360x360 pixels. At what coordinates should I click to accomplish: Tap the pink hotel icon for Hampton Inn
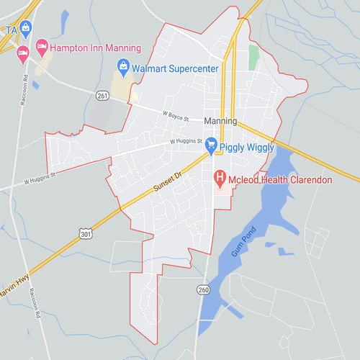pos(42,47)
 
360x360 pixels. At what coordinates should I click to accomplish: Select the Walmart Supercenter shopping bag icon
pos(123,69)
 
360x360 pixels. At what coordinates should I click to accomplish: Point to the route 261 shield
pos(102,95)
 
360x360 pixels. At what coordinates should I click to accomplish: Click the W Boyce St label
pos(175,114)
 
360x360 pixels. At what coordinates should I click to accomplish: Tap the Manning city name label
pos(220,121)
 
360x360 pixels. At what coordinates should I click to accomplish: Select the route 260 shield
pos(203,289)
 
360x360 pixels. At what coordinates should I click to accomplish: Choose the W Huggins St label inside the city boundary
pos(184,142)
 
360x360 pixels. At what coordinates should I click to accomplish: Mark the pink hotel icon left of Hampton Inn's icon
pos(22,52)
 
